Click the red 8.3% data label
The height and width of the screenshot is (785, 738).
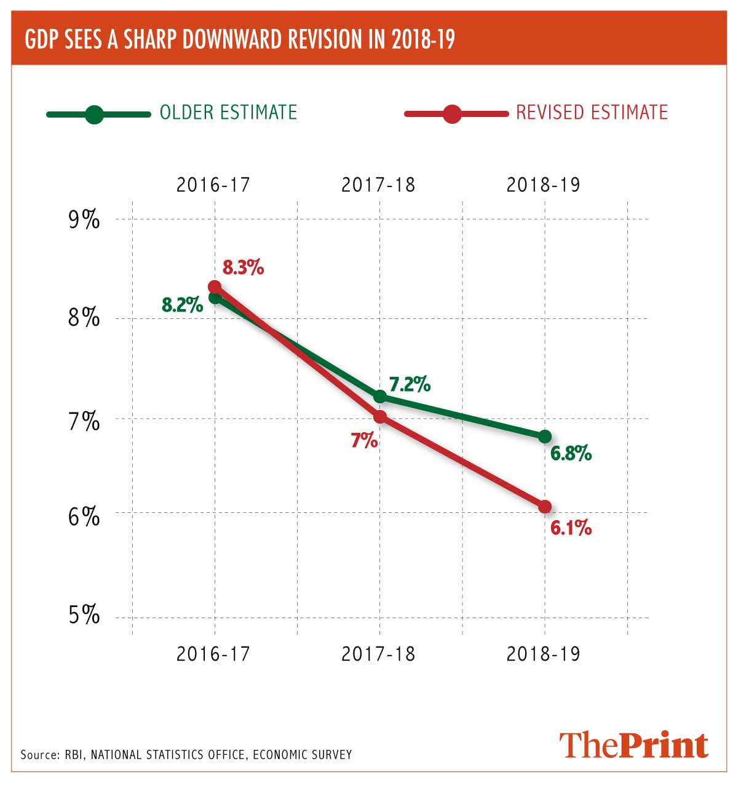click(244, 268)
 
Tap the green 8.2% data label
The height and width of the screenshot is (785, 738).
click(182, 304)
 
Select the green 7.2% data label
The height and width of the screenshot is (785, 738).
click(410, 385)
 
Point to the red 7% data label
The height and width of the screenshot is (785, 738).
click(364, 440)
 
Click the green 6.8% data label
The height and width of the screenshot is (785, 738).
click(571, 454)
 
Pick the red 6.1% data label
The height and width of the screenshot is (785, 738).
click(571, 528)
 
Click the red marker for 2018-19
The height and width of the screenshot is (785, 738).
click(545, 507)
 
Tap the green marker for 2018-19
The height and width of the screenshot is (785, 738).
click(545, 437)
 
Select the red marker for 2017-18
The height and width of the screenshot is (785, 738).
click(380, 417)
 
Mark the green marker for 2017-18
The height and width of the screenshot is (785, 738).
click(380, 396)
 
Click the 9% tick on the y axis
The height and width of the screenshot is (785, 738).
click(84, 220)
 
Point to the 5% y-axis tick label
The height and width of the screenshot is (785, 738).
click(84, 615)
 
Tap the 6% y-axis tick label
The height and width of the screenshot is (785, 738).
click(84, 516)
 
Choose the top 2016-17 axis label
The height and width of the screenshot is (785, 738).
click(213, 185)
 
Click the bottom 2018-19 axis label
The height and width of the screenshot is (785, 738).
click(543, 653)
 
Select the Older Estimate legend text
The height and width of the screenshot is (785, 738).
click(228, 112)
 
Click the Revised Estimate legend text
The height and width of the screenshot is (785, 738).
click(592, 112)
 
